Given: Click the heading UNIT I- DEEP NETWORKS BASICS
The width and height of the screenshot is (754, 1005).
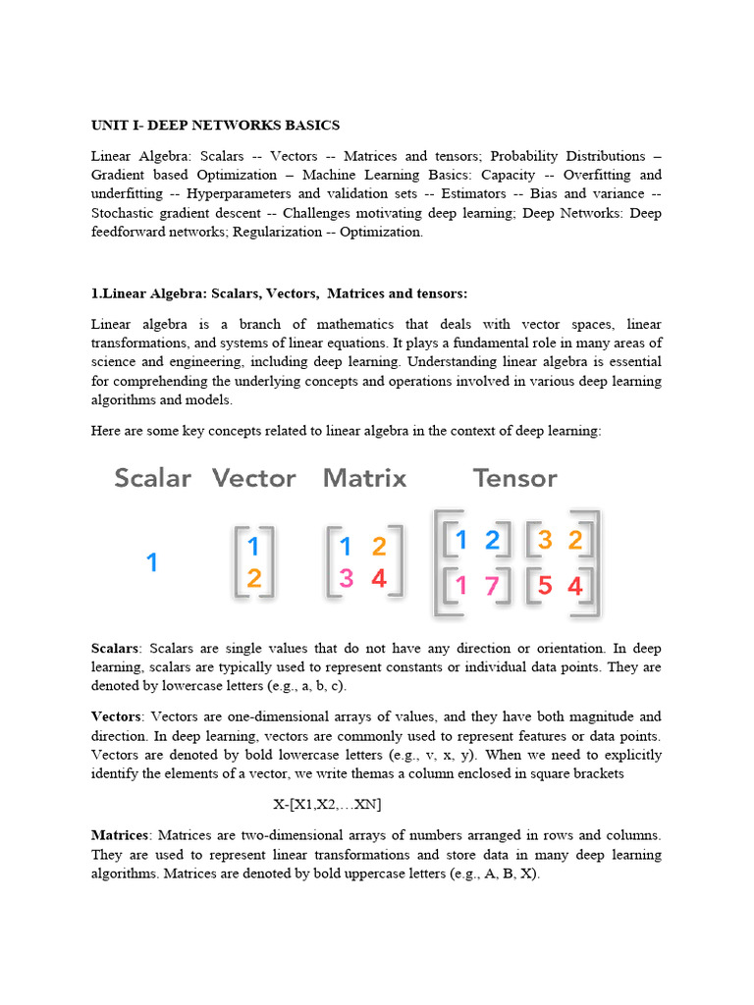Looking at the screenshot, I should [x=215, y=126].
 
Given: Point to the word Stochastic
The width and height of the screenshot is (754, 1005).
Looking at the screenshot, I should [x=129, y=213].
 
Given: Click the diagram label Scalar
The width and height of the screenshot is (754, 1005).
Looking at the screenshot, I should [x=152, y=479].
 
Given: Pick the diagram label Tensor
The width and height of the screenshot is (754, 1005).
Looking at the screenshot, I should [x=514, y=479].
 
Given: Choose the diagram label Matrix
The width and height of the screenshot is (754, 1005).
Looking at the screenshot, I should [x=364, y=479].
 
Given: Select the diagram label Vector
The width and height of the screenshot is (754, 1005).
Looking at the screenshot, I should [x=253, y=479].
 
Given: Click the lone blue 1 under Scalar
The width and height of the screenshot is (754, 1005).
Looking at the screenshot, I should [x=152, y=562].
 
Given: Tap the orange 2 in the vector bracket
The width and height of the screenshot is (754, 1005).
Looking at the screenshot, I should [x=253, y=579].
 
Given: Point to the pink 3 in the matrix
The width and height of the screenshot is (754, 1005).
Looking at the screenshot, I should [x=346, y=579].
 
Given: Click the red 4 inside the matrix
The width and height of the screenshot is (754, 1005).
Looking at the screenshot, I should [x=379, y=579].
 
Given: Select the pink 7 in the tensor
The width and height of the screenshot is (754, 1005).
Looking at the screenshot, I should [x=492, y=587].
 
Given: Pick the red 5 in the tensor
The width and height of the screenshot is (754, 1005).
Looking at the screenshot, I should [x=545, y=587].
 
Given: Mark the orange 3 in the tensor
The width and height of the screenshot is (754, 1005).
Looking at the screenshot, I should [x=545, y=539].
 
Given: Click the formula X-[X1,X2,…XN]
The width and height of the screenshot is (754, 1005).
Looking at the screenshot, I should [x=327, y=805].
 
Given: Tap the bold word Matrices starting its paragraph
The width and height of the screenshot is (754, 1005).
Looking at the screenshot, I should [x=119, y=835].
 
